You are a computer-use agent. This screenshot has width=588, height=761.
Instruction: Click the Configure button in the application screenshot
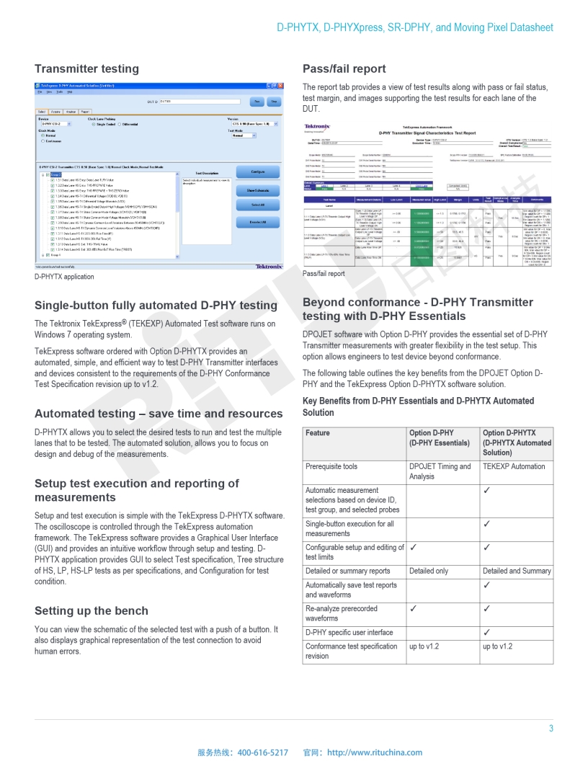[x=258, y=172]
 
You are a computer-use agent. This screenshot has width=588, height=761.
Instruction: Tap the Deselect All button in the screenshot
[x=258, y=223]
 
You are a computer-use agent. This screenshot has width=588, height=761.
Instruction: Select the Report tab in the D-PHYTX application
[x=85, y=112]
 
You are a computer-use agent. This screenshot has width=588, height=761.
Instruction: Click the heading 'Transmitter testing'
[x=86, y=69]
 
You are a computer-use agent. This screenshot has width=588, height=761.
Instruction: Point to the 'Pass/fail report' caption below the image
[x=324, y=274]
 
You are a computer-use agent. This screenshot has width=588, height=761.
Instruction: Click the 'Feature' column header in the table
[x=318, y=433]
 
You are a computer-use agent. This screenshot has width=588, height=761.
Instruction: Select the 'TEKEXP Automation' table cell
[x=514, y=467]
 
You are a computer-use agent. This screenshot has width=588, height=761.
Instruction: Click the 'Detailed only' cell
[x=429, y=571]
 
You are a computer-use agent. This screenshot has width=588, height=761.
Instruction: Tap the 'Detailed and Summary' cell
[x=517, y=571]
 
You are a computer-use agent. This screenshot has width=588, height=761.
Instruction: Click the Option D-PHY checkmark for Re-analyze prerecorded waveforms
[x=414, y=609]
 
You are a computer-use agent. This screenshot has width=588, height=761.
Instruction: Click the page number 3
[x=551, y=729]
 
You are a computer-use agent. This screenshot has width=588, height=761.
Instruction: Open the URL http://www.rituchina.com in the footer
[x=375, y=752]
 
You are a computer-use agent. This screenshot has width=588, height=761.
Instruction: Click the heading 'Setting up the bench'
[x=92, y=611]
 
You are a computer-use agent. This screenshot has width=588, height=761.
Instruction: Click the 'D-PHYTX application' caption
[x=64, y=277]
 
